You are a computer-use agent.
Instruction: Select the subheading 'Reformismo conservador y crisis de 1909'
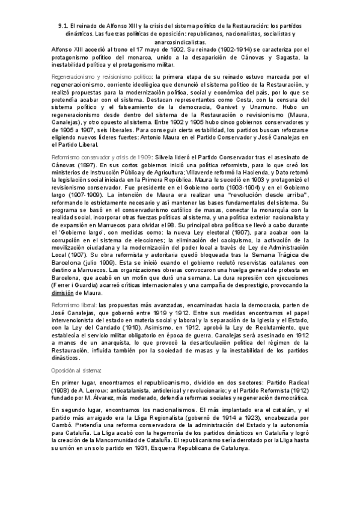[100, 156]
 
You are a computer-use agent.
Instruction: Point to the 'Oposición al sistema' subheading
[77, 370]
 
